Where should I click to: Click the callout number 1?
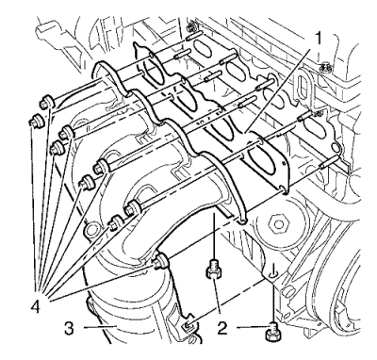[319, 40]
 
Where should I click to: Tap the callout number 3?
[69, 328]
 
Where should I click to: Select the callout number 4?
[35, 305]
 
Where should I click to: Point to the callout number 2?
[222, 328]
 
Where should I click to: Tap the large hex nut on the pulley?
[277, 224]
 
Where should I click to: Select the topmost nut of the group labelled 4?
[46, 102]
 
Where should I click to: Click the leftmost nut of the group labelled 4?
[36, 121]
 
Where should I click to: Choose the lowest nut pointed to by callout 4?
[160, 261]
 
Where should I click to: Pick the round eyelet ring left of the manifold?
[91, 230]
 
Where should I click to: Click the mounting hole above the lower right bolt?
[273, 275]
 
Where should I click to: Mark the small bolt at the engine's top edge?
[189, 27]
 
